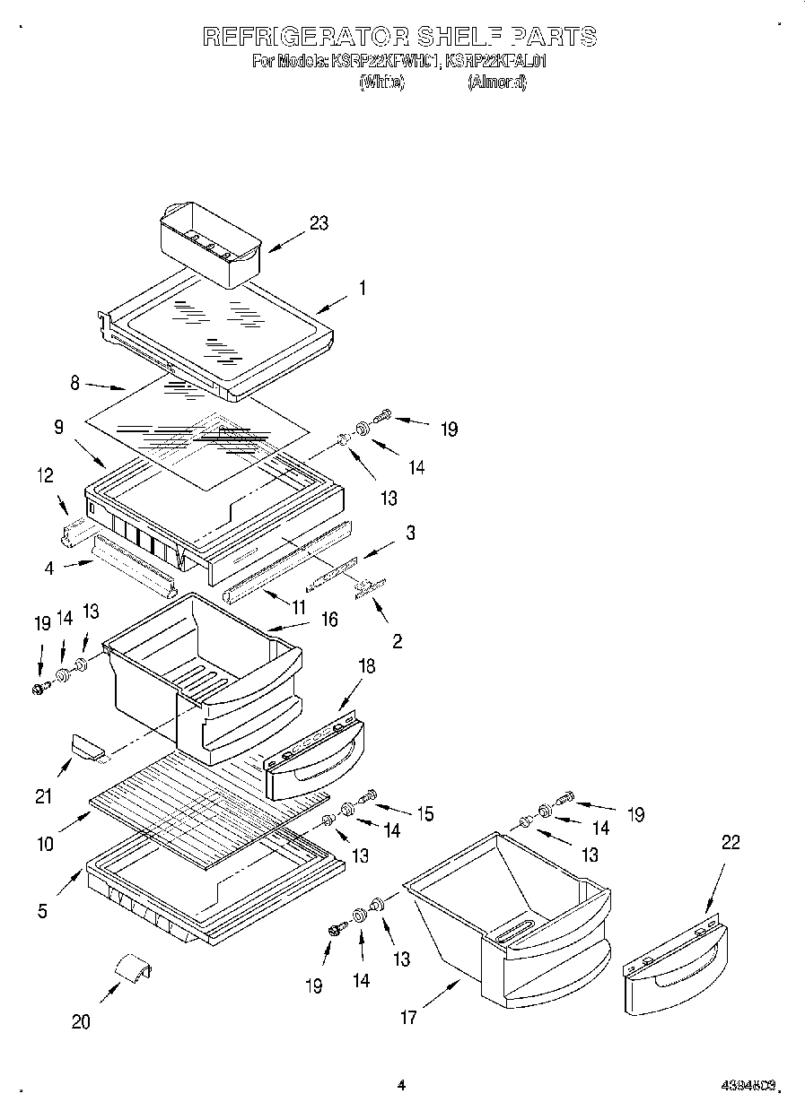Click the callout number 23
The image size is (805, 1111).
(319, 224)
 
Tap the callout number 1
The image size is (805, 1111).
(362, 289)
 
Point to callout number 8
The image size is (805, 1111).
(75, 383)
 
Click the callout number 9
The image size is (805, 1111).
(59, 428)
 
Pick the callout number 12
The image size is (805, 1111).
(45, 476)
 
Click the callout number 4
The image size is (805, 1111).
(50, 567)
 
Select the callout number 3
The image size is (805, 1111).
(410, 533)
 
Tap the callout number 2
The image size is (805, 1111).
(397, 640)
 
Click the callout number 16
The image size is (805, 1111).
(329, 620)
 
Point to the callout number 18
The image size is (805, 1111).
(366, 666)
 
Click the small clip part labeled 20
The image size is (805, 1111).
(132, 970)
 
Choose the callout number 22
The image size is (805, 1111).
(731, 843)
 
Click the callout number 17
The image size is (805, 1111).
(408, 1018)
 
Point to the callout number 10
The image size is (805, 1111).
(45, 843)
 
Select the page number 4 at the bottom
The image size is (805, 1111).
(401, 1085)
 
